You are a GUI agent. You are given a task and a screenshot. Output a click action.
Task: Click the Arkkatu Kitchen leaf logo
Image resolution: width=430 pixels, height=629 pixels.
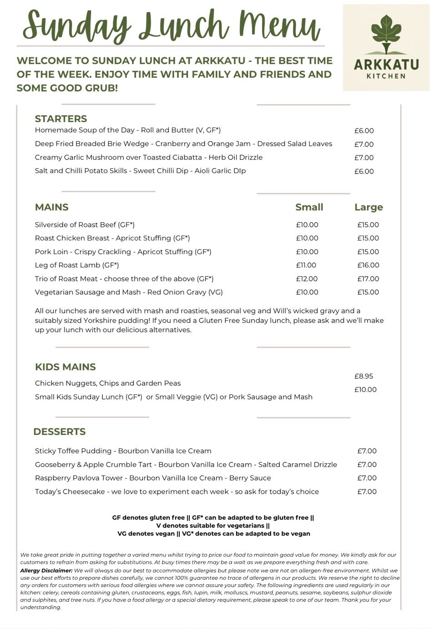[x=386, y=34]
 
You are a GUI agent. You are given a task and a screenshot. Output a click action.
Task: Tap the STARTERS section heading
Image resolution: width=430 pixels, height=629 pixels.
[x=61, y=119]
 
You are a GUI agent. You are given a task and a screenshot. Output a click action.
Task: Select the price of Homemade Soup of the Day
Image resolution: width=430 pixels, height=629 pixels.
[x=364, y=131]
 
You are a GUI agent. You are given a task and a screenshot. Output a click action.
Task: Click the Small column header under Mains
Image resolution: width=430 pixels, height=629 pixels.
[x=309, y=207]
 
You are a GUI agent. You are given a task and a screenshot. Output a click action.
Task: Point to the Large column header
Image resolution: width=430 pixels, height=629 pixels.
[x=369, y=207]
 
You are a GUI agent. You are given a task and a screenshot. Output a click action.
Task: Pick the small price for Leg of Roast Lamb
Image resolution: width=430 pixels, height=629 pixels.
[x=306, y=265]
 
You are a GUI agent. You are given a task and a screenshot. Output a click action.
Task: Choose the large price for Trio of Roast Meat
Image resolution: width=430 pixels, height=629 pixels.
[x=368, y=279]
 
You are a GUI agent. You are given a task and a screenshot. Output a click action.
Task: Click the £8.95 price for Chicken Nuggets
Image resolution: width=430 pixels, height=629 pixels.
[x=364, y=376]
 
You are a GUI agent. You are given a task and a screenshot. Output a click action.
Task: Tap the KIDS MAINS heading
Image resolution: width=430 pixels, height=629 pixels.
[x=65, y=367]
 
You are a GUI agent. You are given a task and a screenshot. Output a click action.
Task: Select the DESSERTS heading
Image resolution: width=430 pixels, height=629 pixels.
[x=59, y=432]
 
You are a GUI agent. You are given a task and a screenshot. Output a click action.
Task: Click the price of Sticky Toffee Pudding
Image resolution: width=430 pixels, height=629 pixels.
[x=367, y=451]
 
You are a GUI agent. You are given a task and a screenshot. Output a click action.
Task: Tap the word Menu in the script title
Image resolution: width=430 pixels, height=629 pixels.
[x=279, y=26]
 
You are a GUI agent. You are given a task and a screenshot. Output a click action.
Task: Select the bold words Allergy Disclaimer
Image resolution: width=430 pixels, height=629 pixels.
[x=46, y=571]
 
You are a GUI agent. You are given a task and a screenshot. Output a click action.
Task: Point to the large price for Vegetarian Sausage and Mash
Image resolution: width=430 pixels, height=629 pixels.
[x=368, y=292]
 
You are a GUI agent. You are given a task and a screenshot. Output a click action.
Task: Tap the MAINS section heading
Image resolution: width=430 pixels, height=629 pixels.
[x=51, y=207]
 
